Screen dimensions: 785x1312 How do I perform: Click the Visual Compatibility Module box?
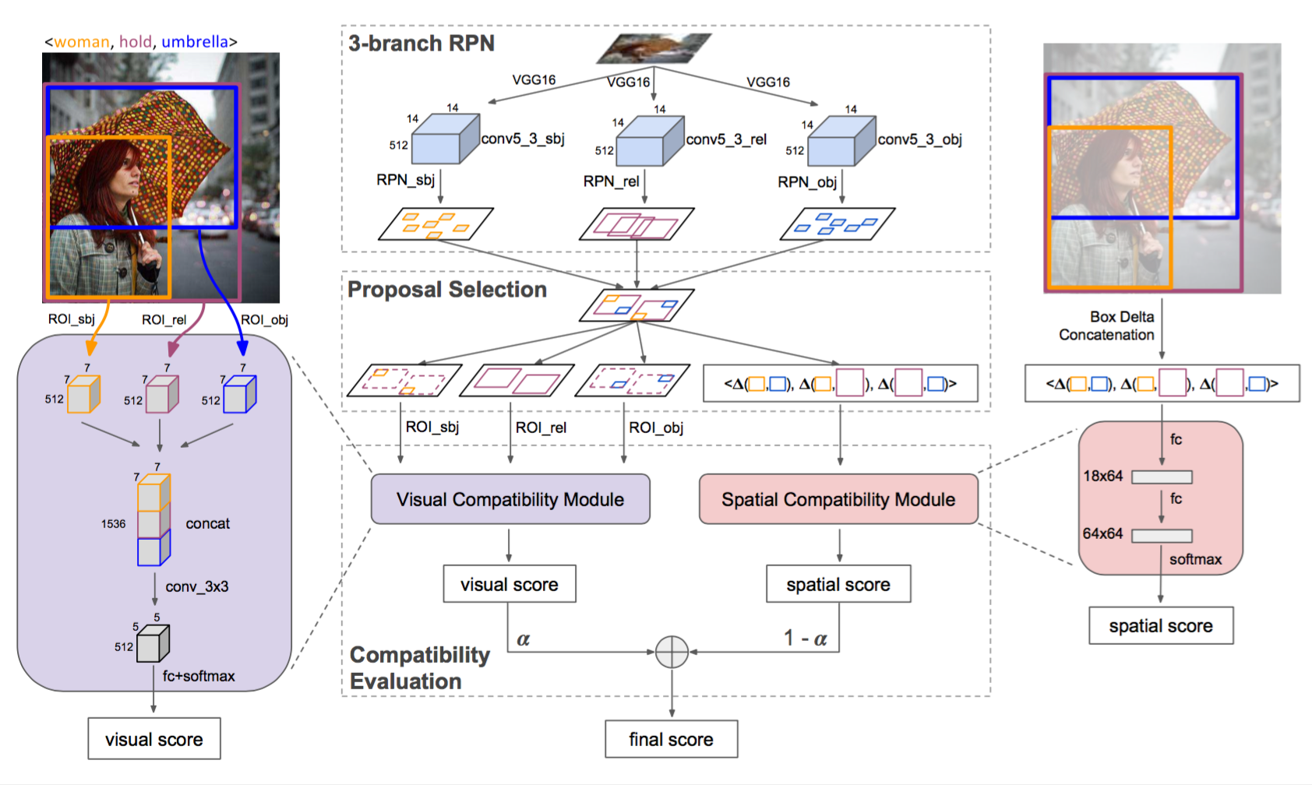tap(510, 499)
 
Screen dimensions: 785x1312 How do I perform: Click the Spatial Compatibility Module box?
tap(838, 499)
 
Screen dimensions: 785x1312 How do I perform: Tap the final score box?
tap(671, 739)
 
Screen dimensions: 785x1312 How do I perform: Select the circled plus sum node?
tap(672, 652)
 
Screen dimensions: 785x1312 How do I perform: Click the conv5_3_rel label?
tap(726, 139)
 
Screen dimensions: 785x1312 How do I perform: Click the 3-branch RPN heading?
tap(421, 44)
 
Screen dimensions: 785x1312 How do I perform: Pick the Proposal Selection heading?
tap(447, 290)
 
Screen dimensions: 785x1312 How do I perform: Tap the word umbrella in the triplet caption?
tap(195, 42)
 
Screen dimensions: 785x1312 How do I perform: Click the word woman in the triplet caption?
tap(82, 42)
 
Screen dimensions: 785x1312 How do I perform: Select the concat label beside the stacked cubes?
tap(207, 523)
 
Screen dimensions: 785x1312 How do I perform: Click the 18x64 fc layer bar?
tap(1162, 477)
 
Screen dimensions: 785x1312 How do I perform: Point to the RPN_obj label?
tap(807, 181)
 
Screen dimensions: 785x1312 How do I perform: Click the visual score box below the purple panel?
tap(154, 739)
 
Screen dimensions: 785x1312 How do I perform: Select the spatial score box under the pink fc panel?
tap(1161, 625)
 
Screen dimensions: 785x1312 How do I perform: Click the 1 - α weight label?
tap(806, 639)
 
